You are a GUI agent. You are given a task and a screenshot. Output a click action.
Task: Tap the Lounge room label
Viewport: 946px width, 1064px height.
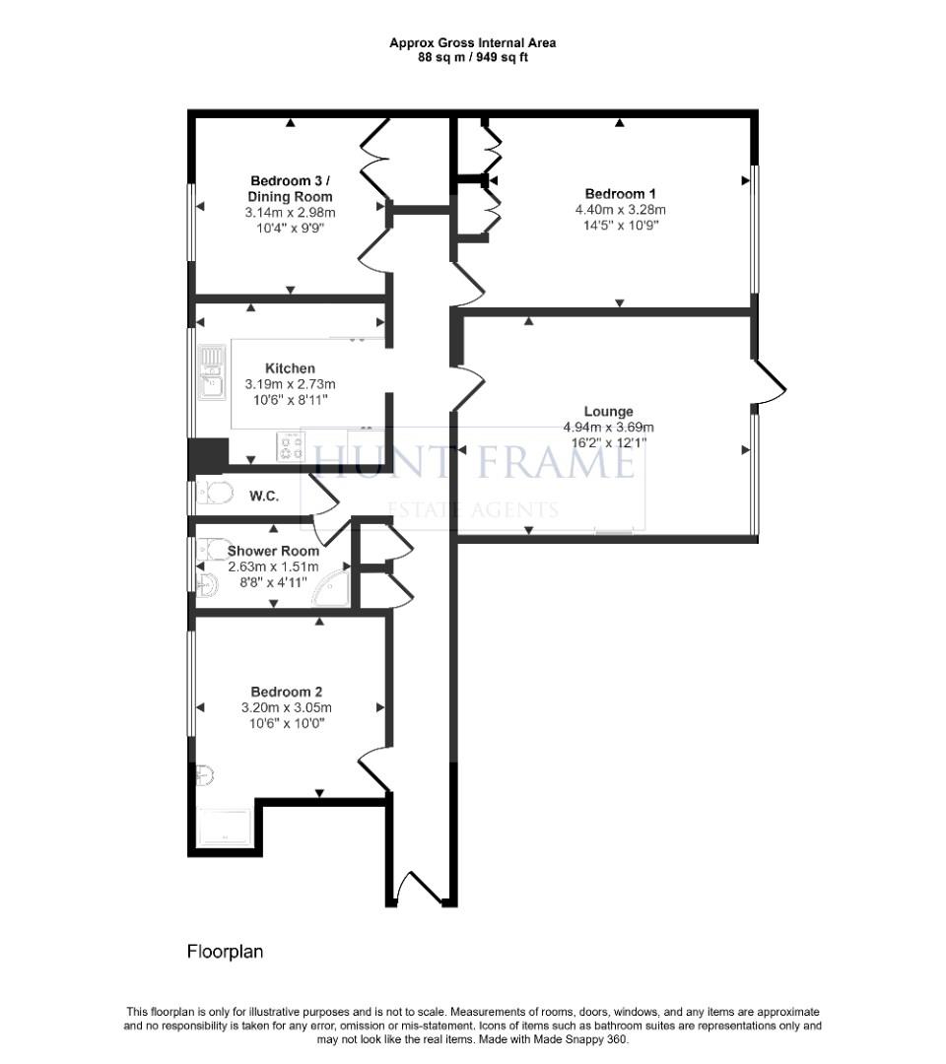pos(608,412)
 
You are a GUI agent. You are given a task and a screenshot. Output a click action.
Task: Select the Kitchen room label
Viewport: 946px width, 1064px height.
pos(290,368)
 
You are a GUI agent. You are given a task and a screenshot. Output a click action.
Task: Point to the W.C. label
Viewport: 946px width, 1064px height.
pos(263,497)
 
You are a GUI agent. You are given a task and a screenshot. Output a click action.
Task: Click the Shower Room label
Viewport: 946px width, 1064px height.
pos(273,551)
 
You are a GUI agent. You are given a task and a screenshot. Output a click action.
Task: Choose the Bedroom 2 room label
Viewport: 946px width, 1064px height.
pos(286,692)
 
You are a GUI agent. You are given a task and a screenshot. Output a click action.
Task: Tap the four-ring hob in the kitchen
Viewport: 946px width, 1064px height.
pos(291,447)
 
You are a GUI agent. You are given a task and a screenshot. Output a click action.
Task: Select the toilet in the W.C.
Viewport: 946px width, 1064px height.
pos(214,493)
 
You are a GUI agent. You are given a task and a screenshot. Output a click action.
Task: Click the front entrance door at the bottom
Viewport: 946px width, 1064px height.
pos(419,889)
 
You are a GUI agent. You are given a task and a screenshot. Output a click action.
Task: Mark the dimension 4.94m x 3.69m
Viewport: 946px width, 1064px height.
pos(608,428)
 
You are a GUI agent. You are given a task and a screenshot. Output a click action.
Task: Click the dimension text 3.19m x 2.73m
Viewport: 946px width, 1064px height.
pos(290,384)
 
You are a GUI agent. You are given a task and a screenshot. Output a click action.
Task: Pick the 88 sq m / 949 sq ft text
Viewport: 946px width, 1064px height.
pos(472,57)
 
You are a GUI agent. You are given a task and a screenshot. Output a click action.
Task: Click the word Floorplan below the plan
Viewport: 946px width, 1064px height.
pos(225,952)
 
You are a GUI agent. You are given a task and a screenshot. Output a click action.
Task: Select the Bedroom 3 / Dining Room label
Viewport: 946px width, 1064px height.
pos(290,188)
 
